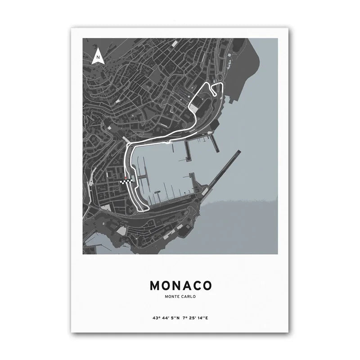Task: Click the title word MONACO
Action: tap(180, 286)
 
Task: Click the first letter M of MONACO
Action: tap(154, 286)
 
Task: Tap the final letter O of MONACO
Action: tap(207, 286)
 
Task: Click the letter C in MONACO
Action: tap(196, 286)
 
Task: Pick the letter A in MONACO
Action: tap(185, 286)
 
